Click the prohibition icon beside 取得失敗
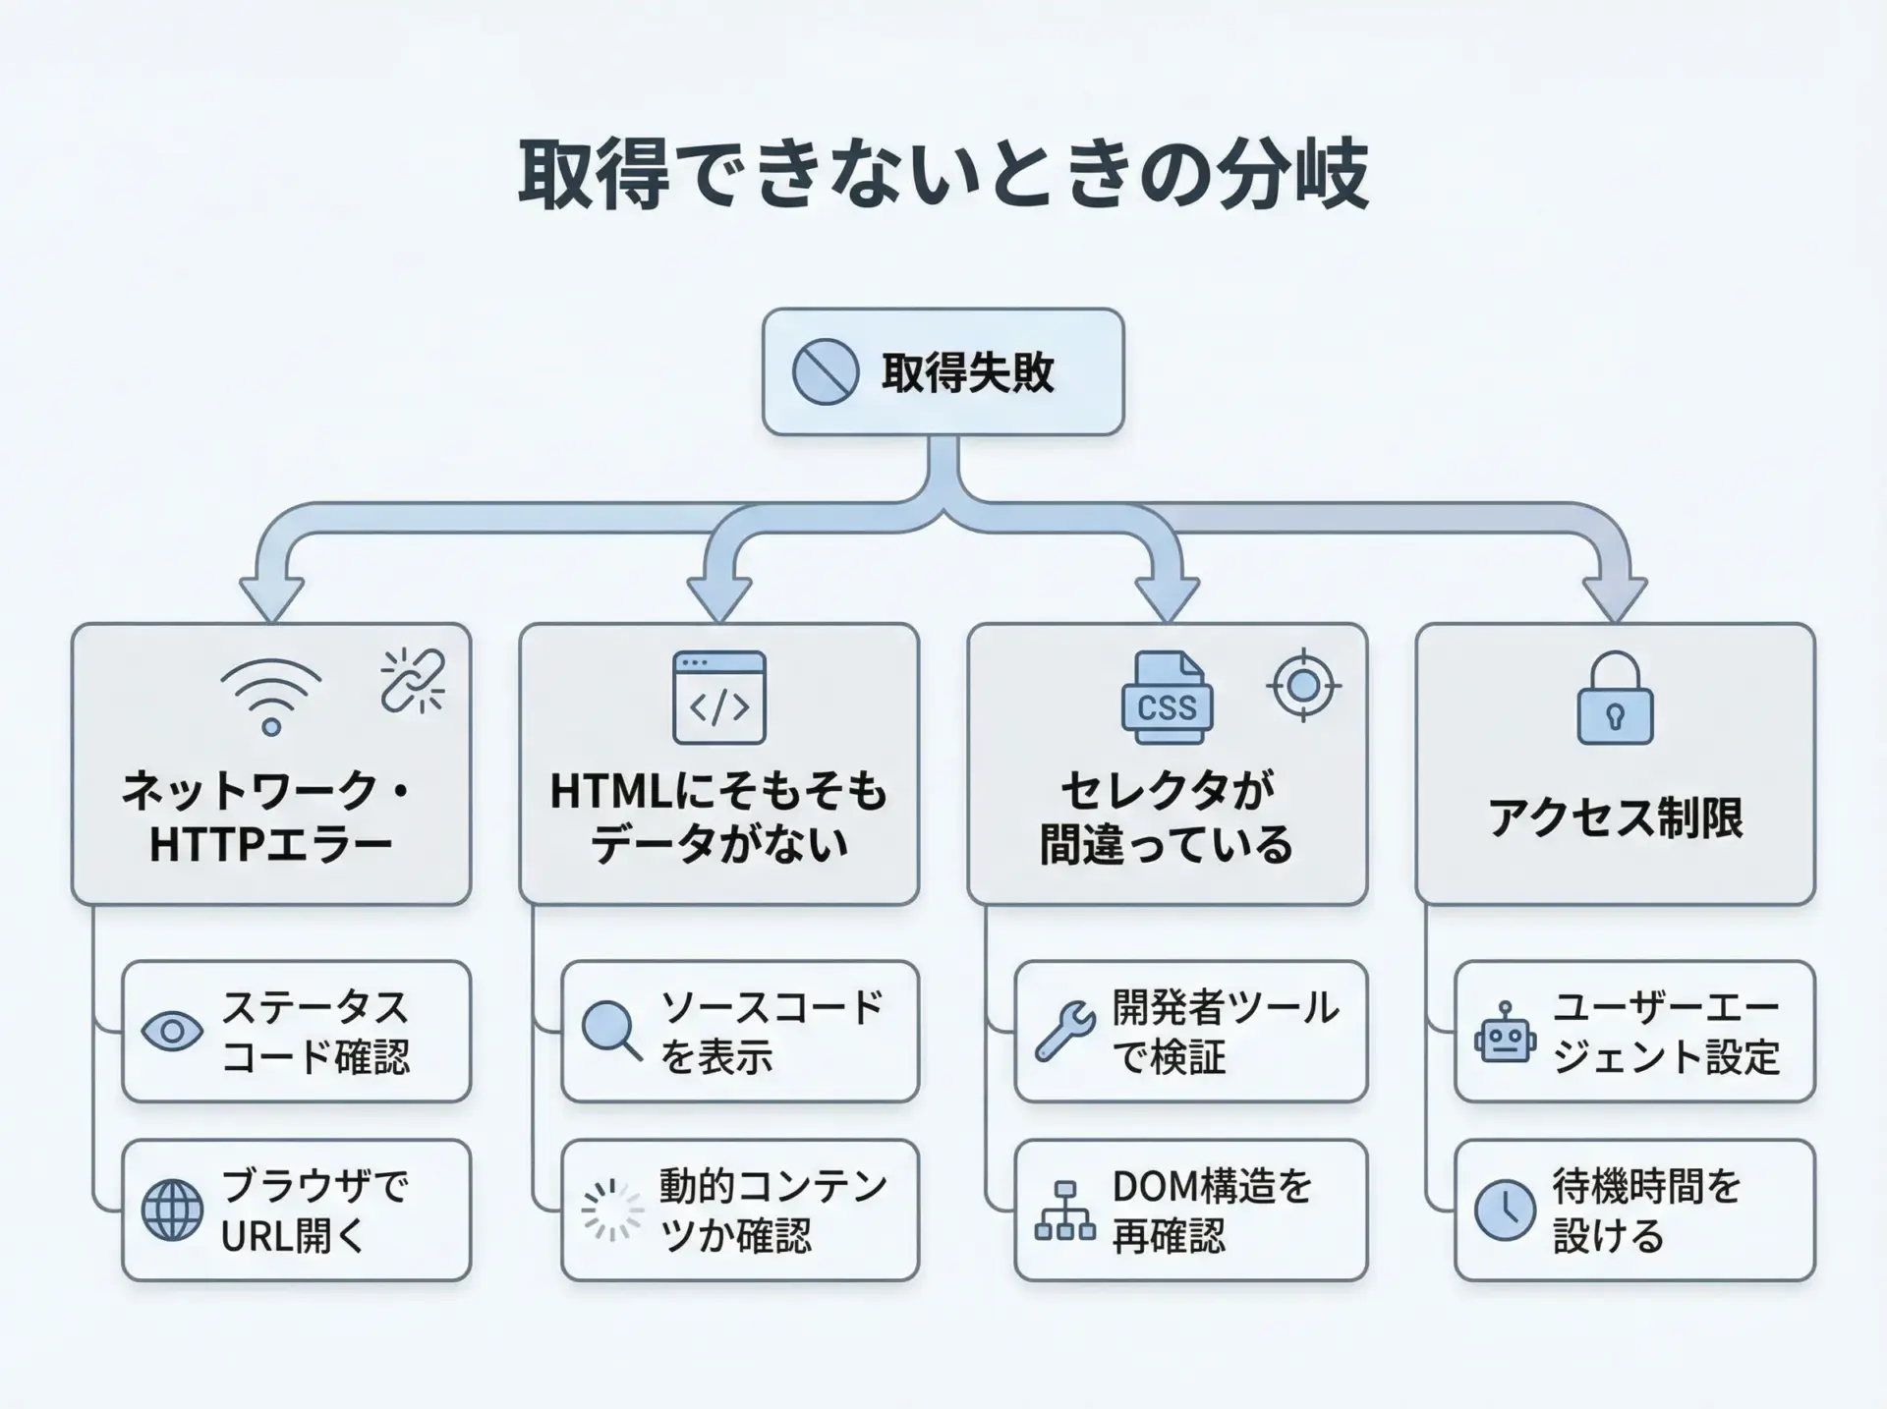(x=826, y=371)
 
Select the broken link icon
(x=413, y=680)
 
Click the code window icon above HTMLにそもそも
(x=719, y=698)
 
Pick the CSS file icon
(x=1167, y=698)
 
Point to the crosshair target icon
(x=1304, y=685)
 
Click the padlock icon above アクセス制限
(x=1615, y=699)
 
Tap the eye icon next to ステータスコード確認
(x=172, y=1032)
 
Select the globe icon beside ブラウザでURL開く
(x=172, y=1211)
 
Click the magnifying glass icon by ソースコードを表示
(x=611, y=1030)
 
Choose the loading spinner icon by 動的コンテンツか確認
(x=611, y=1210)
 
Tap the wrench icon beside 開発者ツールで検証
(x=1065, y=1031)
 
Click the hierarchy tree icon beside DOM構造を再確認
(x=1065, y=1211)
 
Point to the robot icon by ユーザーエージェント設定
(x=1505, y=1033)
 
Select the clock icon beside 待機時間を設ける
(x=1505, y=1211)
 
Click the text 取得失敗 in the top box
(x=968, y=372)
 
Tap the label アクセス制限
(x=1615, y=817)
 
